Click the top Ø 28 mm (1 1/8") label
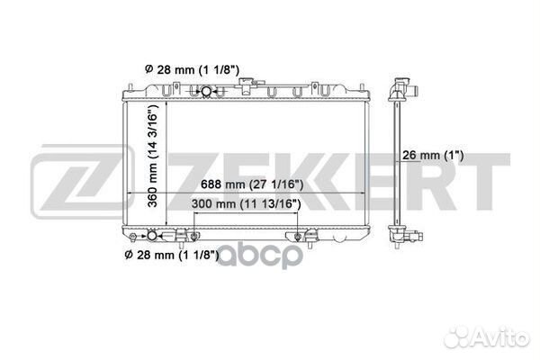point(192,70)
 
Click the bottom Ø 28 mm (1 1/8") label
point(172,256)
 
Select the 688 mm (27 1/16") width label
point(252,184)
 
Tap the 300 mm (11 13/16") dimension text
point(246,204)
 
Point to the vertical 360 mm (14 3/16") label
point(153,156)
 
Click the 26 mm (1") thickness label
point(433,156)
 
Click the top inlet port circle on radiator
point(206,91)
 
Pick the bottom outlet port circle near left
point(152,236)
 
